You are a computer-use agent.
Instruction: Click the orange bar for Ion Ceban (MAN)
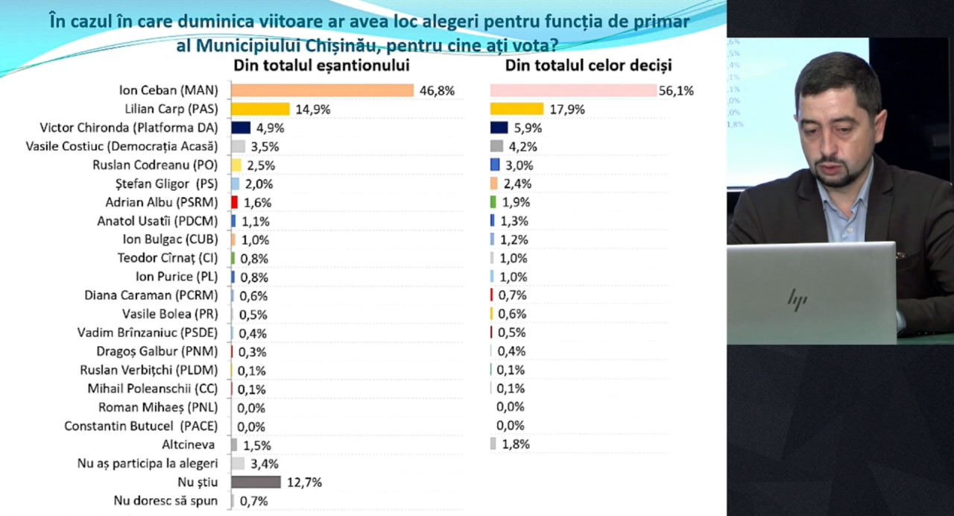coord(322,90)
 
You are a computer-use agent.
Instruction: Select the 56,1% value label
coord(676,91)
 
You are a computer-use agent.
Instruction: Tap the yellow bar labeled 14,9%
coord(260,109)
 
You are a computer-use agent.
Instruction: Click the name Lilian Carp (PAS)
coord(171,109)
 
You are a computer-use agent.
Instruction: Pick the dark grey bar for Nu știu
coord(256,482)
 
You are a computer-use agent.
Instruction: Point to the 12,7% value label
coord(304,482)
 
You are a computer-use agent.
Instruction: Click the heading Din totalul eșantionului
coord(322,66)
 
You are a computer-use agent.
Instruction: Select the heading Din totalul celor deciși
coord(589,66)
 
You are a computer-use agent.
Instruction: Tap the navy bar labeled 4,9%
coord(240,128)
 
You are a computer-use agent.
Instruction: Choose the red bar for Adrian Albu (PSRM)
coord(234,202)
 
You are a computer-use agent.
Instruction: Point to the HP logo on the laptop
coord(797,299)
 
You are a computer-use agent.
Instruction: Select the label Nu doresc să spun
coord(165,501)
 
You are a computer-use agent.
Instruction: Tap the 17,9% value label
coord(566,110)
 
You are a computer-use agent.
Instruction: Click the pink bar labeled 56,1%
coord(572,90)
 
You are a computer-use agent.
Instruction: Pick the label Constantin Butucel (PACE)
coord(141,427)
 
